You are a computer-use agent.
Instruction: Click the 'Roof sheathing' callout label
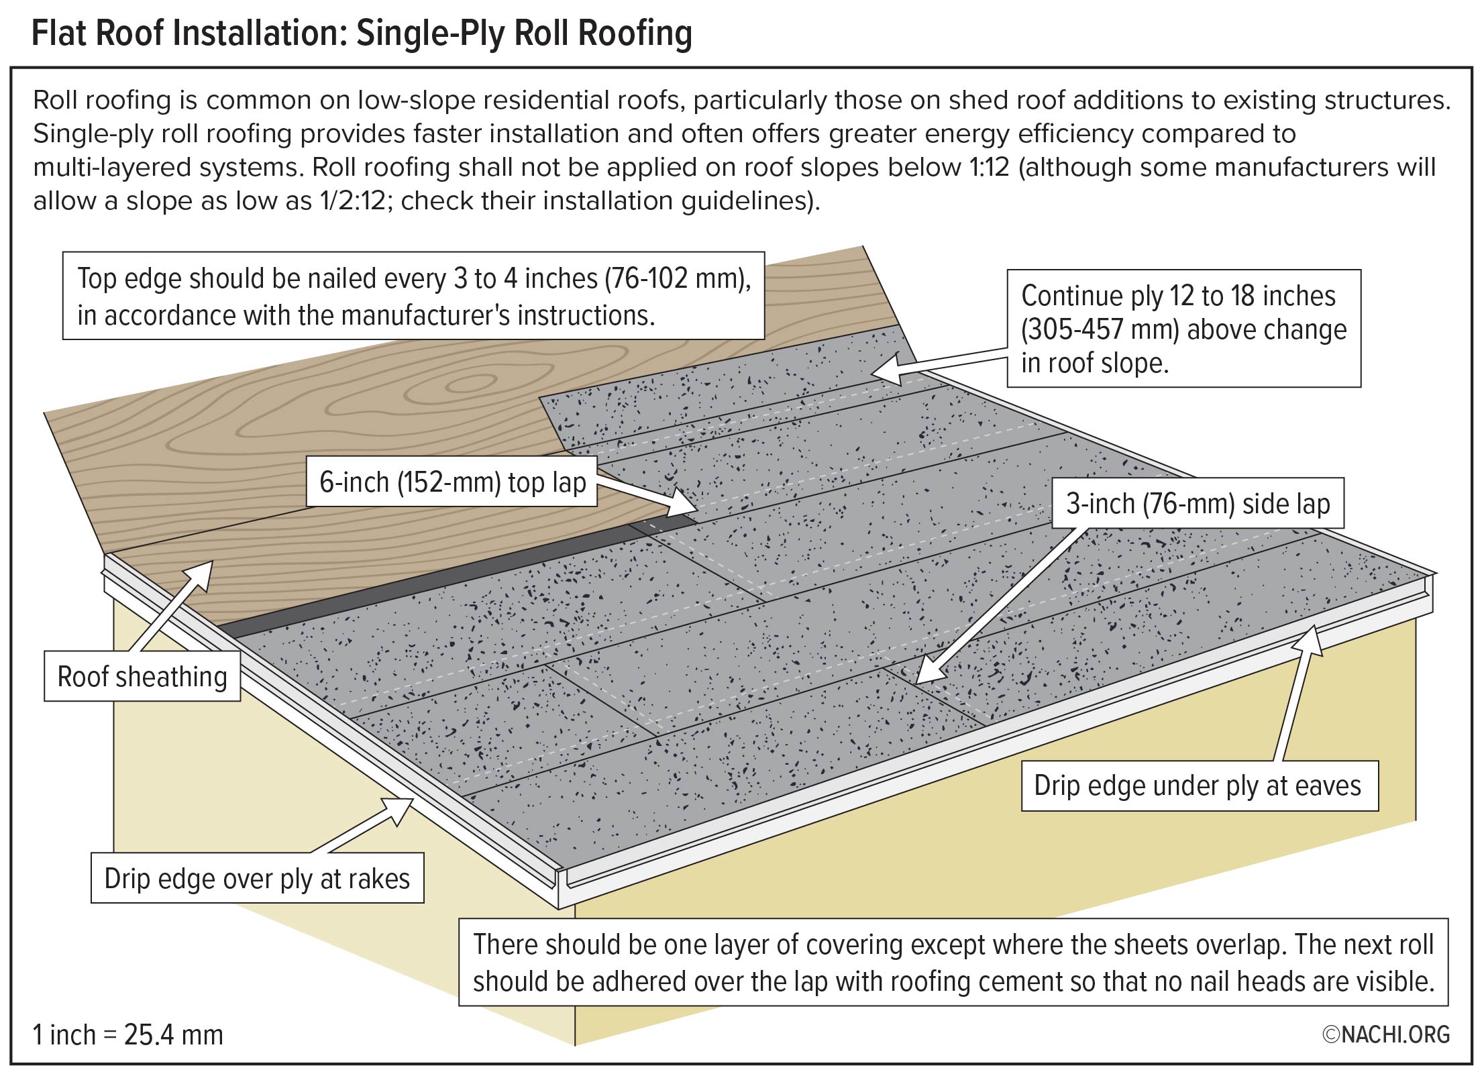coord(142,677)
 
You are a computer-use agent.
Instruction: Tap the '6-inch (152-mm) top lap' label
coord(452,482)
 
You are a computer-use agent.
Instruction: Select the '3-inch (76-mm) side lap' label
coord(1198,504)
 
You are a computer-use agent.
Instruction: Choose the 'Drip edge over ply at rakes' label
coord(257,879)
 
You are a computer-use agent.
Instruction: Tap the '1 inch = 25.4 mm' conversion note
coord(128,1034)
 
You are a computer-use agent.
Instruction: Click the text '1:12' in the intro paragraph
coord(989,167)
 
